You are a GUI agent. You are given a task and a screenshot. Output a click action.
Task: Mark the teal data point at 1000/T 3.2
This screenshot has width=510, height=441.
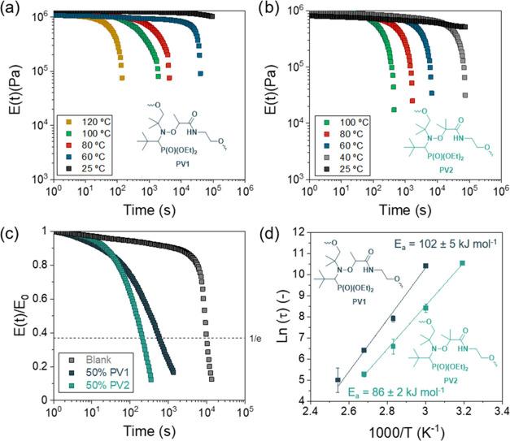point(463,263)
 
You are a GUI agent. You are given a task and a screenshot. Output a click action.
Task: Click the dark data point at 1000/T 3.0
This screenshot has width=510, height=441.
point(425,266)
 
